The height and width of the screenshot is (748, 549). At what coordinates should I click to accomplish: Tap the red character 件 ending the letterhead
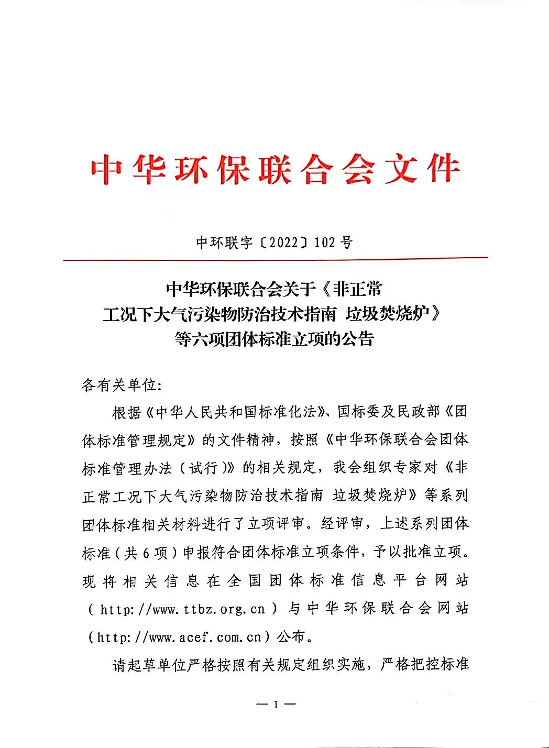point(443,169)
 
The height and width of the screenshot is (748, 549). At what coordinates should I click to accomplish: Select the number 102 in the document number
point(324,243)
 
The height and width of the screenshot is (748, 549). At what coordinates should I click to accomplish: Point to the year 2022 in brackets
point(283,243)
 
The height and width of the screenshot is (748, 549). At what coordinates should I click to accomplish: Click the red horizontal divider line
point(275,259)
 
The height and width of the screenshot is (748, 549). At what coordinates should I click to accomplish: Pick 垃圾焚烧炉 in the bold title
point(388,314)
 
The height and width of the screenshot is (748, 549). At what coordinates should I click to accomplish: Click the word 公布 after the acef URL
point(291,637)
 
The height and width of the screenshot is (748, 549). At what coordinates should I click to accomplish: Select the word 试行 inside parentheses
point(203,468)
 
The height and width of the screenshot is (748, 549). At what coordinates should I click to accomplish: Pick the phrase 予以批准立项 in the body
point(418,552)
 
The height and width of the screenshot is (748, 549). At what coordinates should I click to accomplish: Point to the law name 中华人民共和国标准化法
point(230,412)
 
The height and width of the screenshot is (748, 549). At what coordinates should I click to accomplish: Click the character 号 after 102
point(346,243)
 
